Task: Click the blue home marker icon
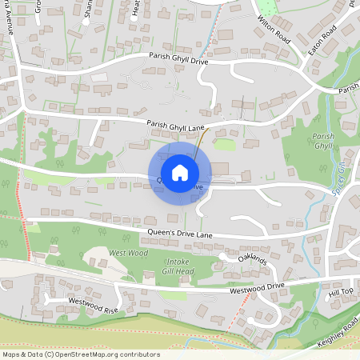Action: [x=180, y=172]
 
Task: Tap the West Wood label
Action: [x=128, y=253]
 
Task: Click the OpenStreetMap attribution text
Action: [x=80, y=354]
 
